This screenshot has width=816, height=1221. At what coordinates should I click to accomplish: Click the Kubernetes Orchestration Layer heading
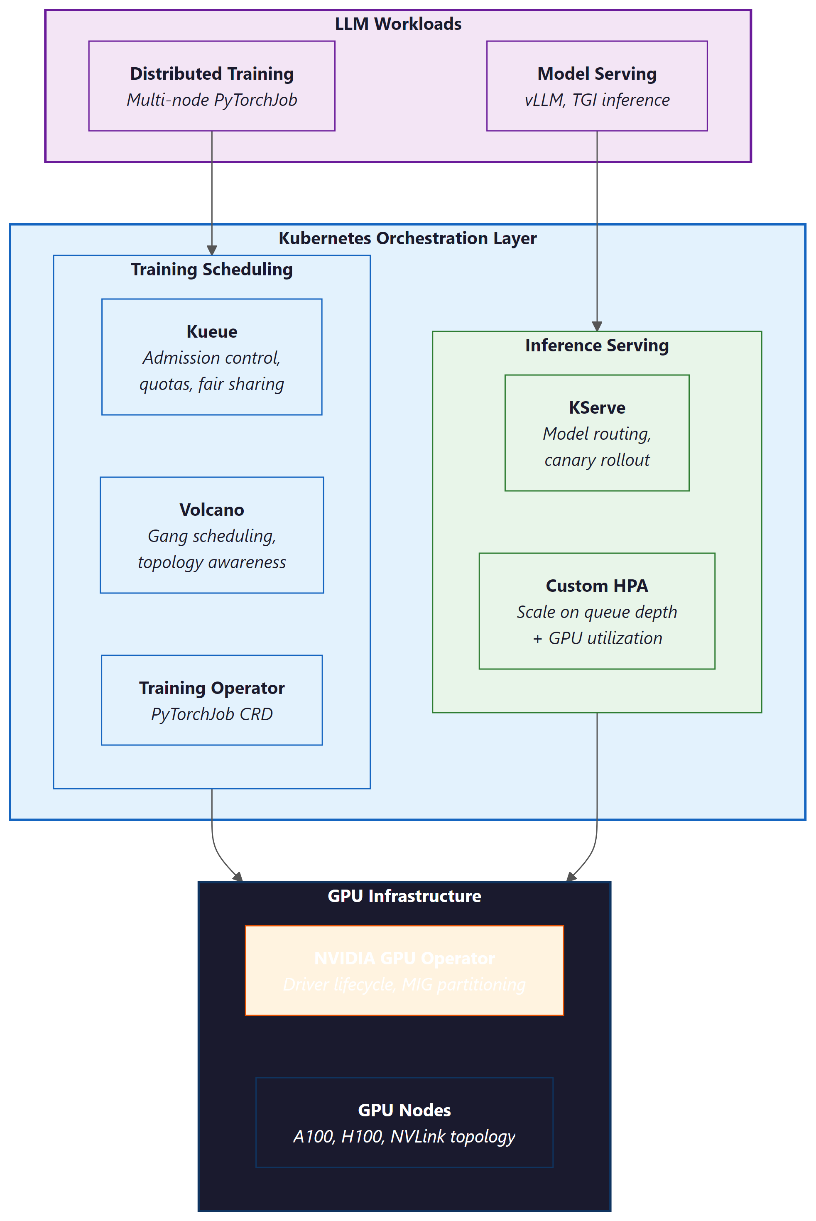tap(407, 238)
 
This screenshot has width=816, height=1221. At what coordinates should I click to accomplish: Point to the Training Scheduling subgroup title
tap(211, 269)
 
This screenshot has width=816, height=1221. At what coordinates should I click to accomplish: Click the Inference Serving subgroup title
tap(596, 345)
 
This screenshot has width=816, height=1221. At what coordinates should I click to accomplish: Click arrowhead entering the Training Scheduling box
tap(212, 250)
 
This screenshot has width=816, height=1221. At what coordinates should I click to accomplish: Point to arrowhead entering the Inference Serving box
tap(597, 326)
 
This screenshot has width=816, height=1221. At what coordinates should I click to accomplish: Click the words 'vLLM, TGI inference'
tap(596, 100)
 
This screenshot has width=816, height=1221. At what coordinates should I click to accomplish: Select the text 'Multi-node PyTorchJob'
tap(211, 100)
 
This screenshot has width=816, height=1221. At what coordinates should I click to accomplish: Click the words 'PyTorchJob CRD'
tap(211, 714)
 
